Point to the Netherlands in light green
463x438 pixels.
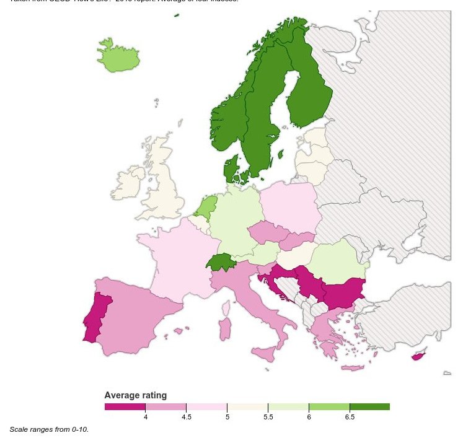pos(207,205)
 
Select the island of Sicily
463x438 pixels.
pos(265,355)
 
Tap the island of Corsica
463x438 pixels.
pos(227,307)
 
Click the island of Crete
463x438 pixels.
pos(352,368)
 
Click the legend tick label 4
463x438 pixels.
pos(145,418)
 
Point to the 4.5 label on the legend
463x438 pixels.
pos(186,418)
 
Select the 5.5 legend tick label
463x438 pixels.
pos(268,418)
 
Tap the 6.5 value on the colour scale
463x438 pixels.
pos(350,418)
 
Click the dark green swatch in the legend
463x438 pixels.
pos(369,406)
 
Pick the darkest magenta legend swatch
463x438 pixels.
pos(125,406)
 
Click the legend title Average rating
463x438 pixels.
pos(135,395)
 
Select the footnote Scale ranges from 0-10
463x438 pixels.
pos(49,429)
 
